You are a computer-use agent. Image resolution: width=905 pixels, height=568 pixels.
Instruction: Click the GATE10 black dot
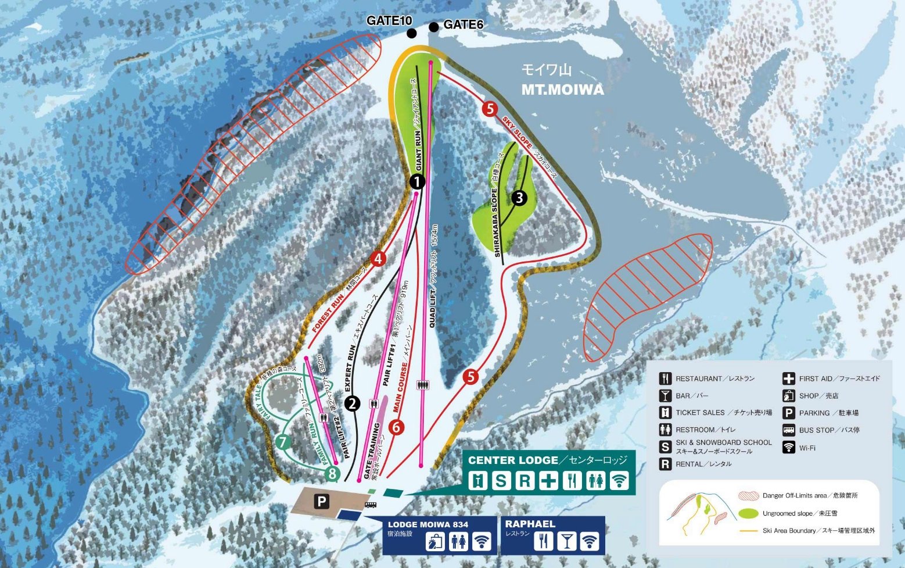tap(412, 33)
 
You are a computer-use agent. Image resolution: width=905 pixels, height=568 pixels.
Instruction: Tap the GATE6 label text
tap(463, 24)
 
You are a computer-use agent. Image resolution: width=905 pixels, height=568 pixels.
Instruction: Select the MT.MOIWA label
tap(562, 90)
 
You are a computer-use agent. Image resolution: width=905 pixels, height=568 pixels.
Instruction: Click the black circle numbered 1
tap(417, 181)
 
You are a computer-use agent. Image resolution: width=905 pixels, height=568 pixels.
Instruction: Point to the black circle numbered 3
tap(519, 198)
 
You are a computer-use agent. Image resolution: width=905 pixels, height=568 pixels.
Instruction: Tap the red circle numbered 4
tap(378, 258)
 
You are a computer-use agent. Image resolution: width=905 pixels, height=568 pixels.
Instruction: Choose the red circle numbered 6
tap(396, 427)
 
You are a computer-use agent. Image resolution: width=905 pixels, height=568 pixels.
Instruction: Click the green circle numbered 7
tap(283, 442)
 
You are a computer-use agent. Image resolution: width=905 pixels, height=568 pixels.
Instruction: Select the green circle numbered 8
tap(332, 473)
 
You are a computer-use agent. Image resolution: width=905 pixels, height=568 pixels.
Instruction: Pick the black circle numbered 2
tap(353, 403)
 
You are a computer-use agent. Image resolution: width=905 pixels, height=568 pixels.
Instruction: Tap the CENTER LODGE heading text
tap(513, 460)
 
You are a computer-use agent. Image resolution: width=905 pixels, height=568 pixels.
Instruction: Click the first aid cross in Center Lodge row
tap(548, 481)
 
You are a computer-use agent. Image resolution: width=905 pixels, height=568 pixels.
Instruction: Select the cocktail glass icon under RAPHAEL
tap(566, 541)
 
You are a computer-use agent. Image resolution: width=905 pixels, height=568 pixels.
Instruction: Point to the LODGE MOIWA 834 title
tap(428, 524)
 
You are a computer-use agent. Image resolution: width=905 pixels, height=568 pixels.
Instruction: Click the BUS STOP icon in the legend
tap(788, 430)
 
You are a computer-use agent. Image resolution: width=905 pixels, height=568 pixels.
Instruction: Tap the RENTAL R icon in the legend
tap(665, 464)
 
